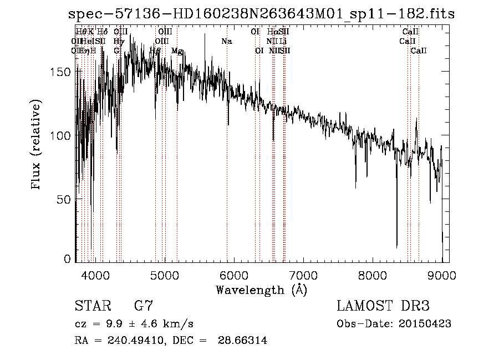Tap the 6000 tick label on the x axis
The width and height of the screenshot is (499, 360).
pos(233,275)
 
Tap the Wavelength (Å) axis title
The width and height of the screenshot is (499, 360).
pos(261,290)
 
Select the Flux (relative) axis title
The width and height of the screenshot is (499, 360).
pos(37,146)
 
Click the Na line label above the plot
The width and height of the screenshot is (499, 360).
pos(226,41)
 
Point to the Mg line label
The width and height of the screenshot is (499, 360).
pos(177,50)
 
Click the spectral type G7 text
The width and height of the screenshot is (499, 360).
pos(144,306)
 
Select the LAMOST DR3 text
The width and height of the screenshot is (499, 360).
pos(383,306)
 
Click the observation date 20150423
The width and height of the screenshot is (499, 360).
pos(427,323)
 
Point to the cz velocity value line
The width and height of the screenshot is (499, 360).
pos(134,323)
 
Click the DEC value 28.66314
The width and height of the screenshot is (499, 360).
pos(246,341)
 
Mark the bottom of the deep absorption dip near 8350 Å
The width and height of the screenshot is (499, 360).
pos(396,247)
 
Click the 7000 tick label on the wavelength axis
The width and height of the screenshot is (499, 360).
pos(303,275)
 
